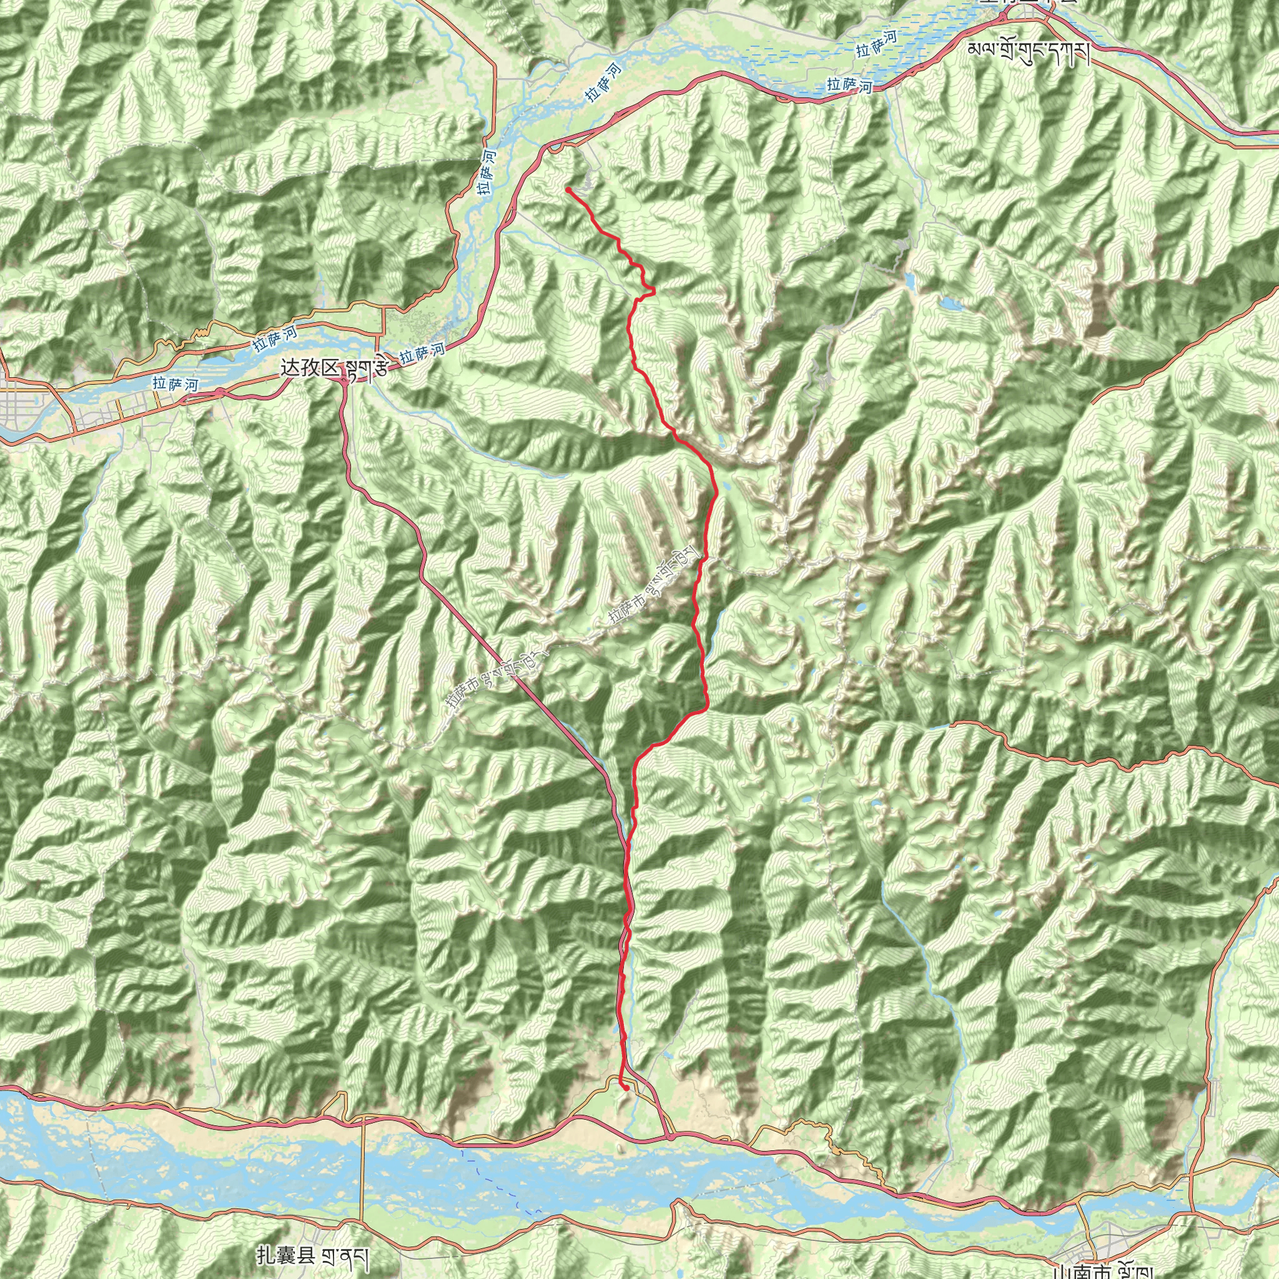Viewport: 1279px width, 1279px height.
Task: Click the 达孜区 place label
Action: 309,368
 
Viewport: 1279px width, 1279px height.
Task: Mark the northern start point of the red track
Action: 568,190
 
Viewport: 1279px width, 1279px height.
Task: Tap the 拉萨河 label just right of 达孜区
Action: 422,353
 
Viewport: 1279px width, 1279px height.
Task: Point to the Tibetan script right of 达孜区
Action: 365,368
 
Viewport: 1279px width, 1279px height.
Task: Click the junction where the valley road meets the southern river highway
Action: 670,1136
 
